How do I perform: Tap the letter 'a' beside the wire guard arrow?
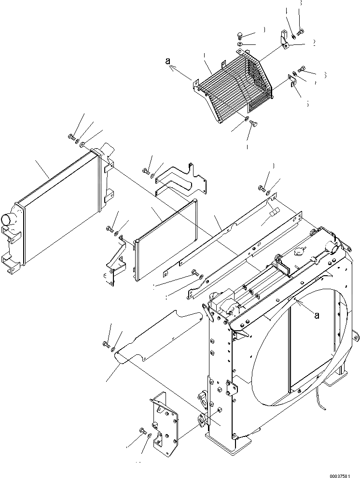(167, 61)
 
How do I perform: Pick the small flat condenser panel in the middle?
(166, 239)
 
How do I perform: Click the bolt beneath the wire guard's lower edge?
(252, 125)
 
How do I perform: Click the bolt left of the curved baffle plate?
(106, 344)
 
